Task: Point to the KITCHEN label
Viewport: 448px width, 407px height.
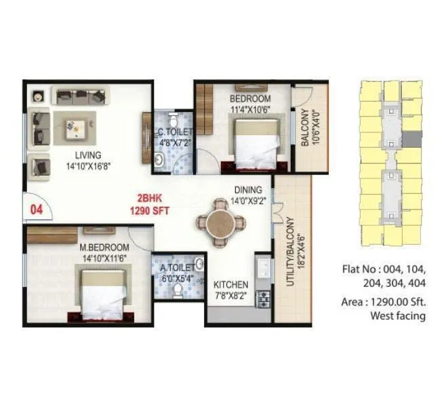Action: (230, 284)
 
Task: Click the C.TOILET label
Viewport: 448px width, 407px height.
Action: (176, 132)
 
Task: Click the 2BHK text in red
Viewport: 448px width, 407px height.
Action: (149, 199)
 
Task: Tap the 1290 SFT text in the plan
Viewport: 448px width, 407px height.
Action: (149, 211)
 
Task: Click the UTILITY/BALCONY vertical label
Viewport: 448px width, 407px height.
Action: (289, 252)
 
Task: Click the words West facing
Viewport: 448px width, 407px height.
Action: (398, 315)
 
